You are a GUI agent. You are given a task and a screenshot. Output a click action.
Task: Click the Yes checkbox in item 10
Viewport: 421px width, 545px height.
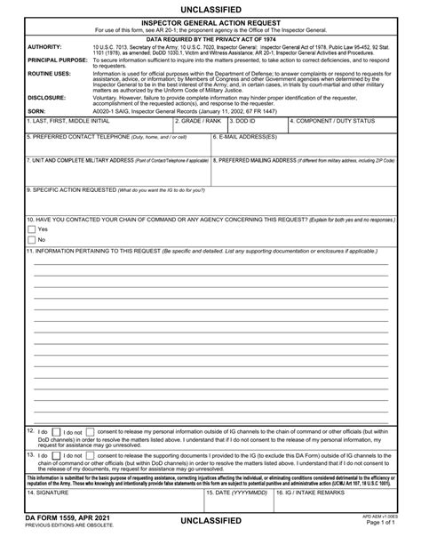click(30, 228)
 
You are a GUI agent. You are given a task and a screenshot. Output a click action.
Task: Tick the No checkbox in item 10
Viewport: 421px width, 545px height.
click(30, 239)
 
